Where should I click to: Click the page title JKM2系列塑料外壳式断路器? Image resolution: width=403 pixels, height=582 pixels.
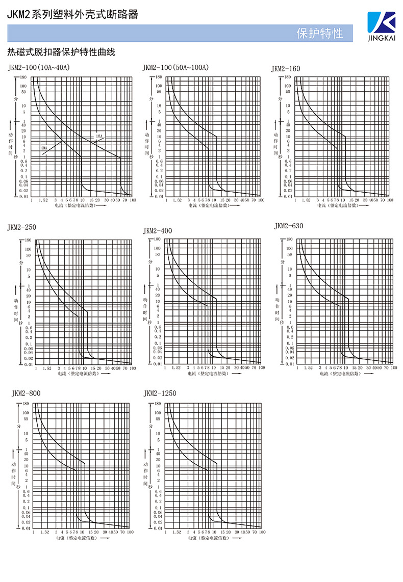tap(72, 15)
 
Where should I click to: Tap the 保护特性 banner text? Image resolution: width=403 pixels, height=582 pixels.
tap(320, 34)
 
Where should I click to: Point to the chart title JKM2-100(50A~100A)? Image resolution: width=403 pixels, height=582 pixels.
tap(175, 67)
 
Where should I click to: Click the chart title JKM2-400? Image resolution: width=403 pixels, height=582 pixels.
tap(158, 231)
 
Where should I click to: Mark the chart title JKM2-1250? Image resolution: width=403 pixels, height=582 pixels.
tap(160, 393)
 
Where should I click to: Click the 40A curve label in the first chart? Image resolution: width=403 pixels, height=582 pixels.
tap(44, 148)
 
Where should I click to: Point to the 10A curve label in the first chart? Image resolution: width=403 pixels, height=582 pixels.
tap(99, 136)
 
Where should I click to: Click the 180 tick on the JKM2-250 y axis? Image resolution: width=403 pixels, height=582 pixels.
tap(28, 240)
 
